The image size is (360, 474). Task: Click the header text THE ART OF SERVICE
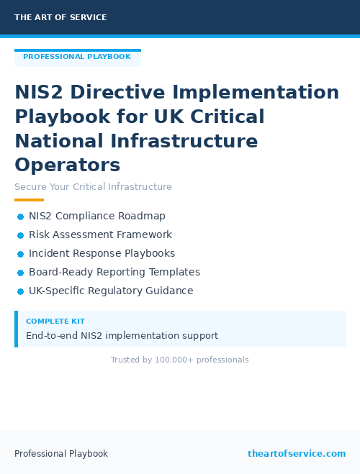[x=60, y=17]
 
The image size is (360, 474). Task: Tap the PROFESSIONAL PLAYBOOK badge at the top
[x=77, y=57]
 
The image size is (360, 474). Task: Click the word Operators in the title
[x=68, y=165]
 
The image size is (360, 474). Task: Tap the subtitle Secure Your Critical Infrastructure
[x=93, y=187]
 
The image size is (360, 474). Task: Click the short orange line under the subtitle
[x=29, y=200]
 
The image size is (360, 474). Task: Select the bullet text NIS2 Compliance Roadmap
[x=97, y=216]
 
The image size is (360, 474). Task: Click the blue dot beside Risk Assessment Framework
[x=20, y=235]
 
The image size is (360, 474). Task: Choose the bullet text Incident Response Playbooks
[x=102, y=253]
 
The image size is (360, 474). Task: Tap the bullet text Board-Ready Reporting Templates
[x=114, y=272]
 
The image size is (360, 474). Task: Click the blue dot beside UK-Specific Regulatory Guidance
[x=20, y=291]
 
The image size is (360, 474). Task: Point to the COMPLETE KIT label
[x=55, y=322]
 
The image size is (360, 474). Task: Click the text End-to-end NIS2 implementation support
[x=122, y=335]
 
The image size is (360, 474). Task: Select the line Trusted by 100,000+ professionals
[x=179, y=360]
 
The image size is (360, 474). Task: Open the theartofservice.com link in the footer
[x=297, y=453]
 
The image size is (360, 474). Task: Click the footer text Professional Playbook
[x=61, y=453]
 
